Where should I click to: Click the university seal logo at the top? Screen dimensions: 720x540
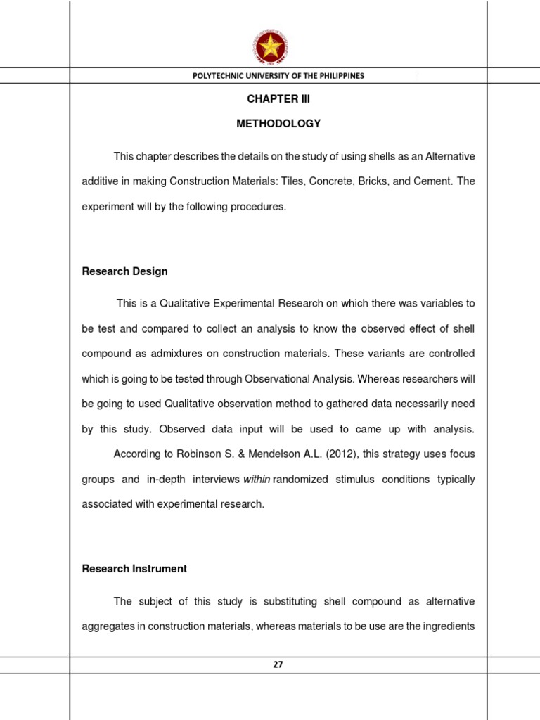(x=269, y=46)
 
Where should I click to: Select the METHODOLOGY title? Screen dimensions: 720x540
(x=278, y=124)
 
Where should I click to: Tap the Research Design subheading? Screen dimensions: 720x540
(x=124, y=271)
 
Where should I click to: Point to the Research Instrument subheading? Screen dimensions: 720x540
(x=134, y=569)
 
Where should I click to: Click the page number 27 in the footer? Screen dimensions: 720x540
(x=278, y=664)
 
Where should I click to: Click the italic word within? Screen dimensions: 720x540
(x=257, y=480)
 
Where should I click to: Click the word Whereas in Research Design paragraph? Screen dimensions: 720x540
(x=380, y=378)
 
